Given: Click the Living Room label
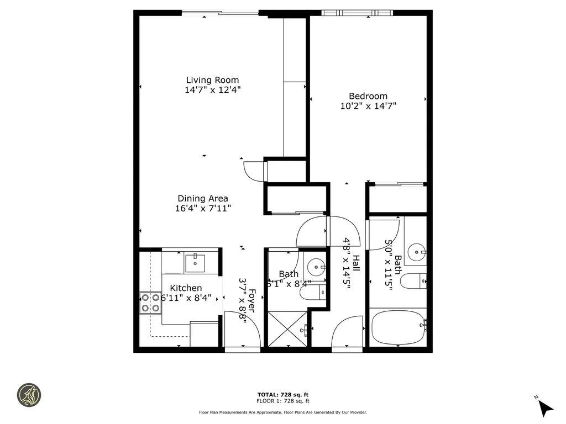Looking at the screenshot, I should tap(212, 80).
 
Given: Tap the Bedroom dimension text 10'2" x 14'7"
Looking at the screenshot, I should tap(368, 105).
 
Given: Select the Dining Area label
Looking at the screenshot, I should tap(202, 199).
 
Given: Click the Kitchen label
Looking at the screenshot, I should tap(185, 288).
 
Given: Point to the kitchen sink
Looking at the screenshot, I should tap(194, 263).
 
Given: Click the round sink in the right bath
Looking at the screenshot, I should tap(416, 253).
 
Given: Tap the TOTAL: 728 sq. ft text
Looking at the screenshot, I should tap(282, 395).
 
